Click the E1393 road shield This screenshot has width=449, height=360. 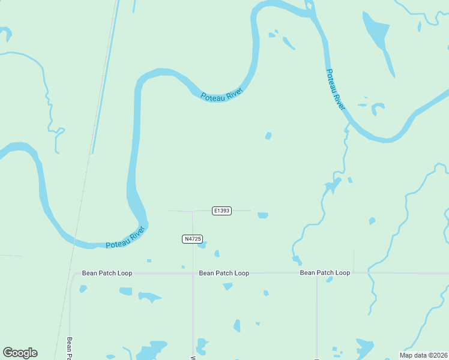click(221, 211)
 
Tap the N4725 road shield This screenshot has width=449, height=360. click(191, 239)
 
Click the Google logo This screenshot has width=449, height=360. click(20, 353)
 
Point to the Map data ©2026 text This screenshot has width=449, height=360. click(423, 355)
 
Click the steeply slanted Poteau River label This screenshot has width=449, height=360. click(336, 89)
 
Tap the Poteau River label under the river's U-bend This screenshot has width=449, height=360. click(221, 94)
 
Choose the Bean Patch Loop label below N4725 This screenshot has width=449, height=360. click(224, 273)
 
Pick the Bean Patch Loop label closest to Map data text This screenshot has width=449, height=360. click(325, 272)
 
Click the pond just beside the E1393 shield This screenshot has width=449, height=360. click(262, 215)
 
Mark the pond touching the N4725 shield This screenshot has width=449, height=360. click(202, 244)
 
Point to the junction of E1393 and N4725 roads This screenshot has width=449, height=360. click(193, 211)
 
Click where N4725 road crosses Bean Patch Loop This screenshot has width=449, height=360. click(193, 273)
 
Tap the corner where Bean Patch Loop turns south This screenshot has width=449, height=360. click(71, 275)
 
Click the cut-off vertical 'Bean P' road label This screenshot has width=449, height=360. click(70, 347)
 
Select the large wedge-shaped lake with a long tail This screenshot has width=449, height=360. click(376, 36)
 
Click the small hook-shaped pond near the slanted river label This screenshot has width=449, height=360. click(378, 109)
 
